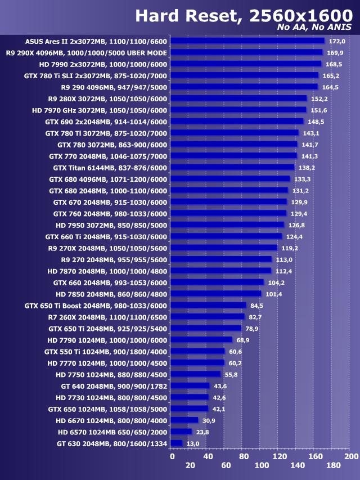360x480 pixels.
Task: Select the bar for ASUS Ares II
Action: point(247,41)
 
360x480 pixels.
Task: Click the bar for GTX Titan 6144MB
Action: point(232,167)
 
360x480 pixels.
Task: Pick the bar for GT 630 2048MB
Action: point(177,443)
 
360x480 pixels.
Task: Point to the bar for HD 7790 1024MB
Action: point(201,340)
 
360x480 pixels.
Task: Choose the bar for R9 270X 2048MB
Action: point(224,248)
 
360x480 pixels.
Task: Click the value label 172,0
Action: point(337,41)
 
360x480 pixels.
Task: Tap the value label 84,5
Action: point(257,306)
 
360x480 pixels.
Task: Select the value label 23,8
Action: point(203,432)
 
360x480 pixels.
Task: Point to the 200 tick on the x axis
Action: point(351,456)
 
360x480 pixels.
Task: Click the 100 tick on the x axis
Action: point(262,465)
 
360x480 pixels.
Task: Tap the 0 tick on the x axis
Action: point(172,456)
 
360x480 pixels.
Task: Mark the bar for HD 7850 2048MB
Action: point(216,294)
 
